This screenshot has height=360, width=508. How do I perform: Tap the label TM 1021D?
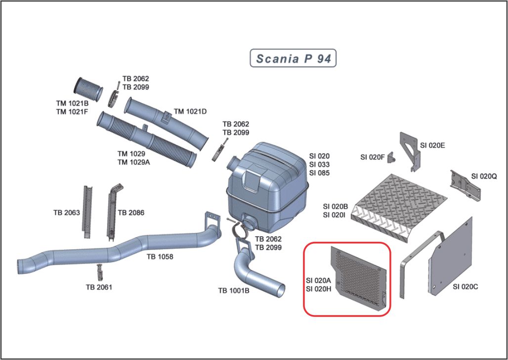(x=190, y=112)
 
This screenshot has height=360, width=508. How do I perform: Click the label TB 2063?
(x=66, y=213)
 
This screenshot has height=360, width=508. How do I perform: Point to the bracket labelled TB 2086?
(x=112, y=210)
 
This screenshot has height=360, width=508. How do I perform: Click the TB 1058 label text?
(x=159, y=257)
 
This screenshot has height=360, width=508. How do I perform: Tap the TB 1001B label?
(x=234, y=290)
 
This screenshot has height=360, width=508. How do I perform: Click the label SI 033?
(x=319, y=165)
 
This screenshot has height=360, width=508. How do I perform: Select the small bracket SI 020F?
(x=392, y=157)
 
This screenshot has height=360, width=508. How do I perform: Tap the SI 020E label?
(x=433, y=145)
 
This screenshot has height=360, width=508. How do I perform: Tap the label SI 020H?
(x=318, y=289)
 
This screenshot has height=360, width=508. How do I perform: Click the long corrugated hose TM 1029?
(x=147, y=138)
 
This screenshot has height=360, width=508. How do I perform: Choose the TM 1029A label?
(x=133, y=162)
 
